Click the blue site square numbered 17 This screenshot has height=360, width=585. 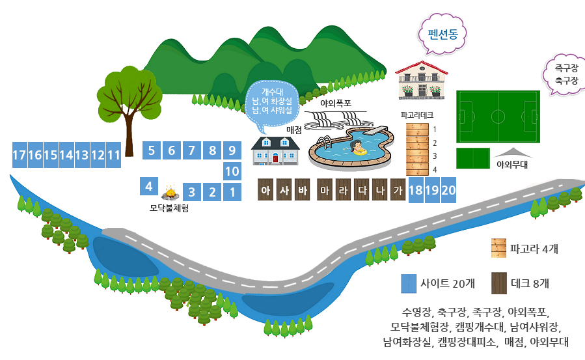[x=19, y=155]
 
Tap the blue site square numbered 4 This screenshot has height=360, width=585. [x=149, y=186]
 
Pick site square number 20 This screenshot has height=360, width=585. [x=448, y=191]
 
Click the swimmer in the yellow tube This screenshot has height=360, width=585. [x=357, y=148]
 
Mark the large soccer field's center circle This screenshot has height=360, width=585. [x=498, y=117]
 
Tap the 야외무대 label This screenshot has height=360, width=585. [x=511, y=165]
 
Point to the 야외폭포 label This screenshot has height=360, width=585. [x=336, y=103]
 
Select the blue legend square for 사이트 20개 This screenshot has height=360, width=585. [x=409, y=284]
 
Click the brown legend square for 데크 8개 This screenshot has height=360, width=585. [x=499, y=283]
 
